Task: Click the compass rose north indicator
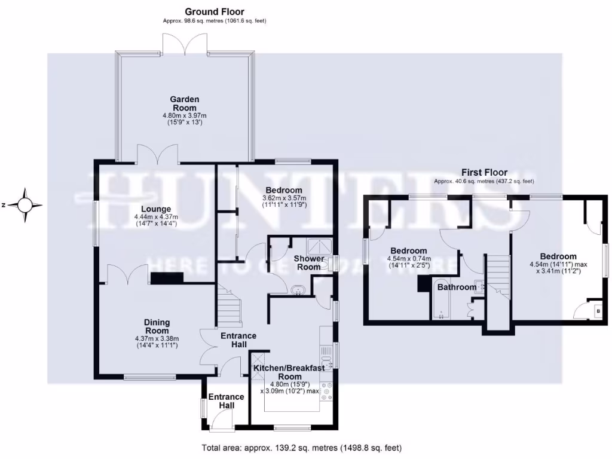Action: click(x=25, y=205)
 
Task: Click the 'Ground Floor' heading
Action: click(x=214, y=11)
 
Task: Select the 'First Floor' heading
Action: click(x=484, y=172)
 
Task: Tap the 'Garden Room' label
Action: click(x=184, y=103)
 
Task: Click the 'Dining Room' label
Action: click(x=157, y=326)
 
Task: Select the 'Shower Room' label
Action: click(x=309, y=263)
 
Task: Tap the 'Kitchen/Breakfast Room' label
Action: click(x=289, y=372)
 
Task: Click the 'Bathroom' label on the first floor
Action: click(x=457, y=287)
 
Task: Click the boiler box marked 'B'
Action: click(x=596, y=310)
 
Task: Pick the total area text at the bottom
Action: click(x=302, y=448)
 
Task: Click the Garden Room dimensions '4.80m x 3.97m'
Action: click(x=184, y=115)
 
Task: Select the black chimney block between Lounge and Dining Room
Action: click(x=167, y=278)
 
